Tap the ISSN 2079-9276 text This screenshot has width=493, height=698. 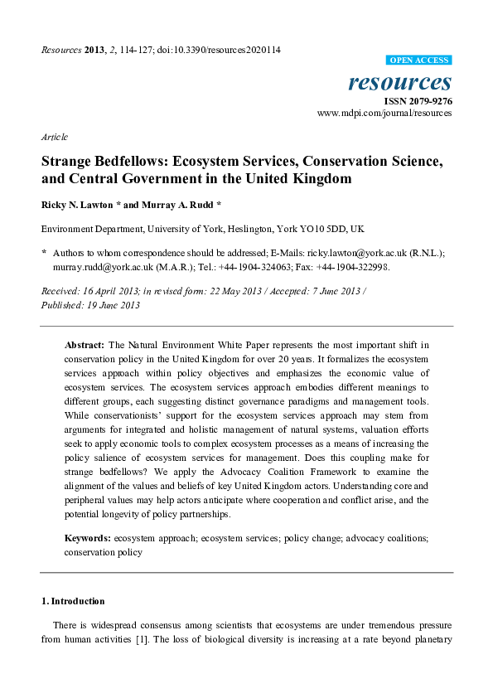(x=418, y=101)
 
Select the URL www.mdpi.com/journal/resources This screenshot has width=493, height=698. (x=384, y=114)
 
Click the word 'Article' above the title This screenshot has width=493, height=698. (x=54, y=137)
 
